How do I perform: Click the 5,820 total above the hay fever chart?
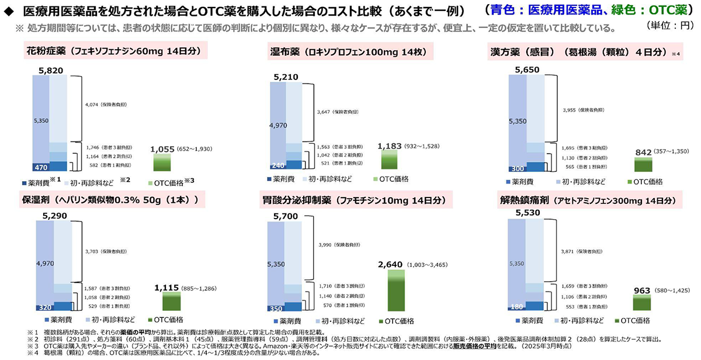47,70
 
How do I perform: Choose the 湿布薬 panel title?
350,51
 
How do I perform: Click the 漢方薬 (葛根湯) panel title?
578,51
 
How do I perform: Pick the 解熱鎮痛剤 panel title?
584,200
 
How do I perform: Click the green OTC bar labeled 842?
644,165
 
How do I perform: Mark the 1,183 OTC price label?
391,146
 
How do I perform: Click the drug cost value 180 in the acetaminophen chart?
516,306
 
